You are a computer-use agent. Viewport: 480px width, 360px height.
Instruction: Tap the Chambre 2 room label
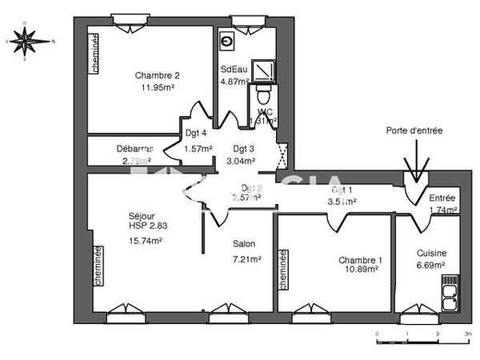pyautogui.click(x=152, y=76)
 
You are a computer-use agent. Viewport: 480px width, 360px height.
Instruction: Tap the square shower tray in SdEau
pyautogui.click(x=264, y=71)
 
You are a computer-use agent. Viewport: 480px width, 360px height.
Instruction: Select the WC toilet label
pyautogui.click(x=266, y=111)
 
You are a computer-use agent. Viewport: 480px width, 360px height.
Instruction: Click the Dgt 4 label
pyautogui.click(x=197, y=133)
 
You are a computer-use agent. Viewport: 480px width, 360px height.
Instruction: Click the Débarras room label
pyautogui.click(x=134, y=148)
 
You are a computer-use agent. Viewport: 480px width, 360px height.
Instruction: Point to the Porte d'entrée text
pyautogui.click(x=414, y=130)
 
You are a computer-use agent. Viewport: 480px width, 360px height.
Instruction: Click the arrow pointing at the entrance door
pyautogui.click(x=416, y=169)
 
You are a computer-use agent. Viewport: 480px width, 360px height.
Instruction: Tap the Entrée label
pyautogui.click(x=442, y=198)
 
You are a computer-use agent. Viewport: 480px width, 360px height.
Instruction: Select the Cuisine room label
pyautogui.click(x=431, y=253)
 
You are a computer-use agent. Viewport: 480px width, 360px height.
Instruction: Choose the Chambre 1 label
pyautogui.click(x=360, y=260)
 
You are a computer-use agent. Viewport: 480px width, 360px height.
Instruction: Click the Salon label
pyautogui.click(x=244, y=244)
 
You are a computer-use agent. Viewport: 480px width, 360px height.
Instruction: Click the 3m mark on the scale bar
pyautogui.click(x=468, y=334)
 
